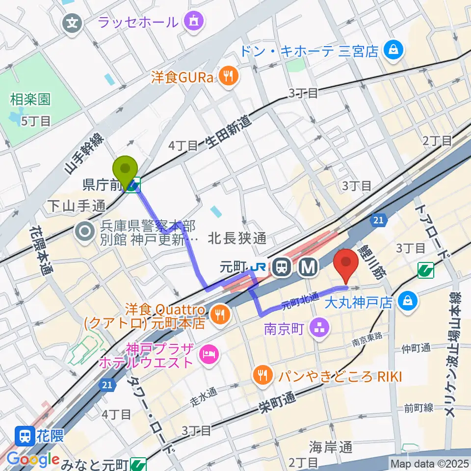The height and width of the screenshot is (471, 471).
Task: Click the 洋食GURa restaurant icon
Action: (228, 76)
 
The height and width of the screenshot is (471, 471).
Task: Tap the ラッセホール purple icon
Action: (191, 21)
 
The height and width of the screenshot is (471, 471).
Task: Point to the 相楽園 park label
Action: (30, 100)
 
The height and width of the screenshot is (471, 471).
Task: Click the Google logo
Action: (32, 459)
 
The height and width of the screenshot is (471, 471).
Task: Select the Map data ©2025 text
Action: (429, 463)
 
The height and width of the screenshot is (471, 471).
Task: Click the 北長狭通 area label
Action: (237, 239)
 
